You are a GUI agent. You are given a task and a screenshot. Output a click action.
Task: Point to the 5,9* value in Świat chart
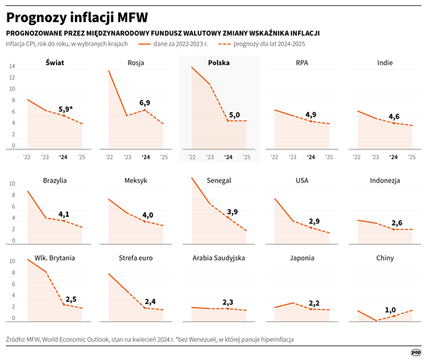66,108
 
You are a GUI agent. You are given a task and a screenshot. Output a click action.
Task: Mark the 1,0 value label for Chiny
391,309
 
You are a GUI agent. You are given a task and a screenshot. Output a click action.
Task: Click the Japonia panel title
301,258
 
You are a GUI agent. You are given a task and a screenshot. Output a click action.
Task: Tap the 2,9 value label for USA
315,221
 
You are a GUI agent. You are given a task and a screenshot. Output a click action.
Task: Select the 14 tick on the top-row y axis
12,66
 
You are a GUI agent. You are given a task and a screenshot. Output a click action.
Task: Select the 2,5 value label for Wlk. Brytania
71,299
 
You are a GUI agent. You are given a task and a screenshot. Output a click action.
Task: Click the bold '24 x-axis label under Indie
392,157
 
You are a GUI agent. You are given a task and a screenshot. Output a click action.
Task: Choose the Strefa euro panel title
136,258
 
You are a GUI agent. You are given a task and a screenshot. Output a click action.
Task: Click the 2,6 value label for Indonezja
397,222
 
